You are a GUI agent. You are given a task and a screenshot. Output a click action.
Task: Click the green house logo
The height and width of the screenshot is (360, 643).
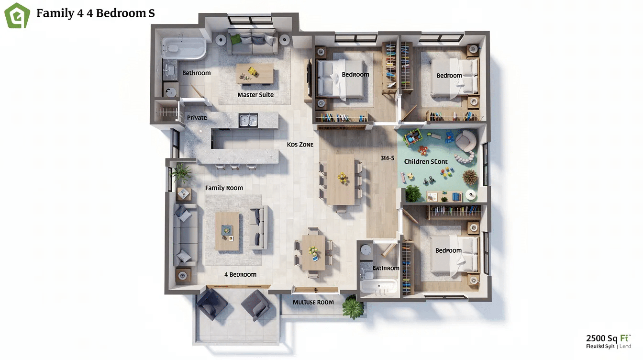point(17,15)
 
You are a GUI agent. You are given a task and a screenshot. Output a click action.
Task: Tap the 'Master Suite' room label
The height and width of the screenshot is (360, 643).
point(255,95)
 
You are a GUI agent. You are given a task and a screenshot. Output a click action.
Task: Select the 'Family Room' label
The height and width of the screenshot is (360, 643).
point(224,188)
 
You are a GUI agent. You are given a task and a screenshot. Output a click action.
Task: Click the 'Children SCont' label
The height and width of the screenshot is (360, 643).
point(426,161)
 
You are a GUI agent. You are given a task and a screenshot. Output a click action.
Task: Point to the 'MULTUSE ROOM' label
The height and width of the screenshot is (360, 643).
point(313,303)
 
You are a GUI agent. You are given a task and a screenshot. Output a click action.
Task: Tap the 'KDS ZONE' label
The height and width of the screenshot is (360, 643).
point(300,144)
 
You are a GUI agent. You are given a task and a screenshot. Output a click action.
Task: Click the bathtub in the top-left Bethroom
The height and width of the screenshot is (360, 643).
point(184,48)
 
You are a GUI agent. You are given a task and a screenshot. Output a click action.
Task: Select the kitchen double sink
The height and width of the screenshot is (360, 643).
point(248,120)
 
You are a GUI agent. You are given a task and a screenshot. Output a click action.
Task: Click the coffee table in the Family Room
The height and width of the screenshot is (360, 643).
point(227,231)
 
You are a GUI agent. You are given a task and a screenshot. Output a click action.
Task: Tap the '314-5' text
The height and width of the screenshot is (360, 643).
point(387,158)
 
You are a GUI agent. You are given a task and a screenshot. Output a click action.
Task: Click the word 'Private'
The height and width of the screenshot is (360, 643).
point(197,117)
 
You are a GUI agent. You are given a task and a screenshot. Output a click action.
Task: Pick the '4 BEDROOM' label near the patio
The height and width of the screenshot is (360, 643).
point(240,275)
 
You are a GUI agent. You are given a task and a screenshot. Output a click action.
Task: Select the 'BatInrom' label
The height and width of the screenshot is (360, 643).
point(386,268)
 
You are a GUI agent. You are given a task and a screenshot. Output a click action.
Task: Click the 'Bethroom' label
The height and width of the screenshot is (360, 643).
point(197,73)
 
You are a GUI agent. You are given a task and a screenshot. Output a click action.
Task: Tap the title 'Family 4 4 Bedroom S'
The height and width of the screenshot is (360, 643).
point(96,13)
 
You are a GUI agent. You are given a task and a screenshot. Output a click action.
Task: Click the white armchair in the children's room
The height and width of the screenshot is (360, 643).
point(466,140)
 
